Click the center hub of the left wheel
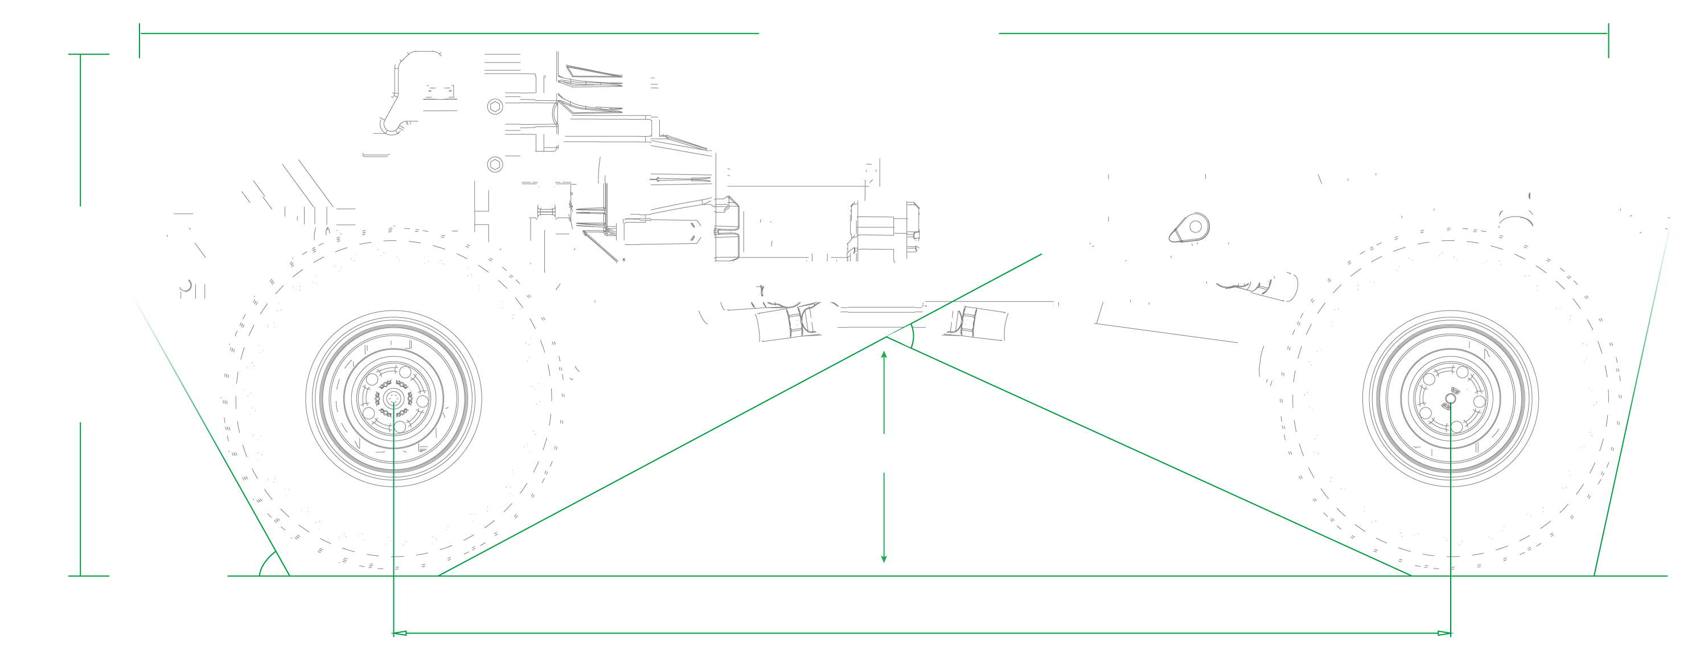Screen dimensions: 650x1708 pos(394,399)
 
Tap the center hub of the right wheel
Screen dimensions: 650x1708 pos(1450,399)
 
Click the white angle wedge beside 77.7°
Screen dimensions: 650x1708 pos(1607,565)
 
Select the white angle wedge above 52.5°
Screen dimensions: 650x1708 pos(902,337)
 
